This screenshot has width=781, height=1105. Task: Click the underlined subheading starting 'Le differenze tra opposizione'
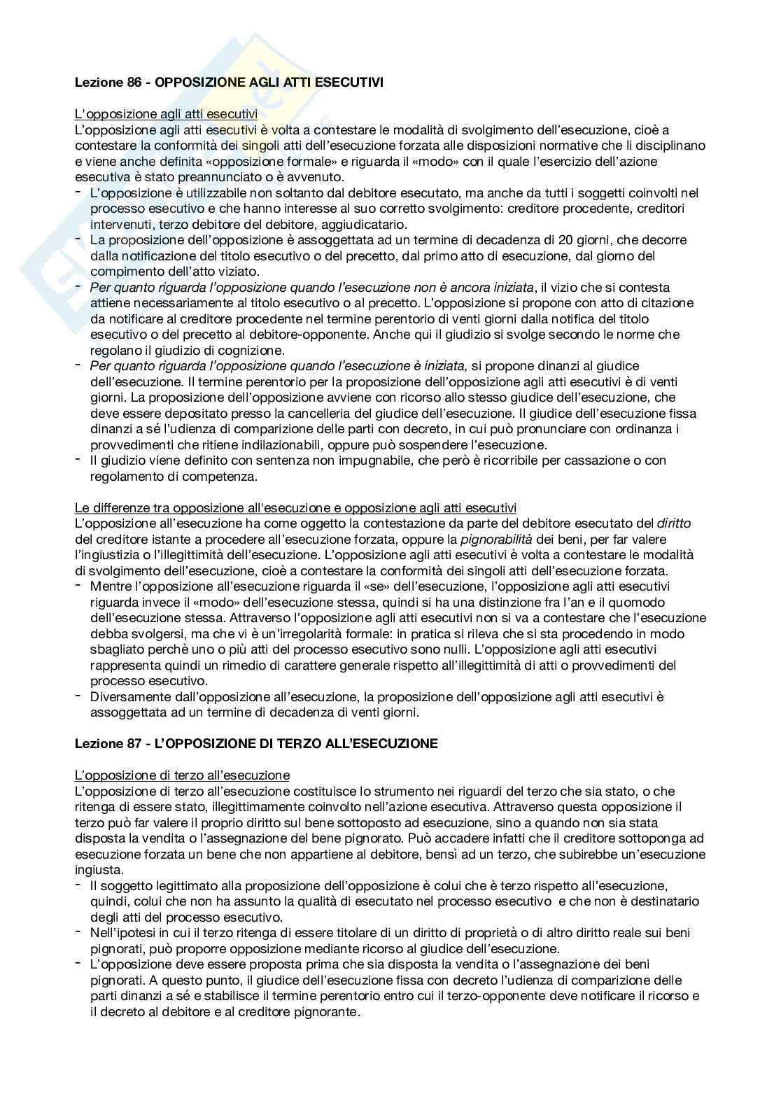[x=295, y=507]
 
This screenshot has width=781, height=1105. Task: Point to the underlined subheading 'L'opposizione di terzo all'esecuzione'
[x=182, y=775]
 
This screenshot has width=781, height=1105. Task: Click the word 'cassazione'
[x=546, y=460]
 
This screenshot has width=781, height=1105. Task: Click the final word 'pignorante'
[x=328, y=1012]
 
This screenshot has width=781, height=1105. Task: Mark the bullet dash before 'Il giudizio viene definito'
[x=78, y=460]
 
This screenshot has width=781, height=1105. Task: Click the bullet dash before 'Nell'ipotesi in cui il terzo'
[x=78, y=932]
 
